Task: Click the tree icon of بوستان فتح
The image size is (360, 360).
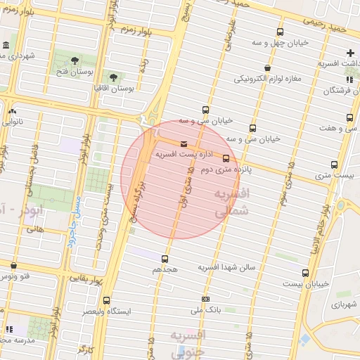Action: pyautogui.click(x=76, y=58)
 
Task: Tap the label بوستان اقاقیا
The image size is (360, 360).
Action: pyautogui.click(x=115, y=89)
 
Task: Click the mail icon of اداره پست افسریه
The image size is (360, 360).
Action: pyautogui.click(x=184, y=145)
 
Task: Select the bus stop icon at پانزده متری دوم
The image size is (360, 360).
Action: pyautogui.click(x=226, y=158)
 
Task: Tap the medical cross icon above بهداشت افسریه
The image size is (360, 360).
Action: pyautogui.click(x=350, y=53)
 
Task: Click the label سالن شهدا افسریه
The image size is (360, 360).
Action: pyautogui.click(x=226, y=267)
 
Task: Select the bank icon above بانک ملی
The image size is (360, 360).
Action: pyautogui.click(x=205, y=300)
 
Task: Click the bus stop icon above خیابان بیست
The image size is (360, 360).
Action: pyautogui.click(x=305, y=273)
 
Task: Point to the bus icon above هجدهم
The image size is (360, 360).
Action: pyautogui.click(x=165, y=259)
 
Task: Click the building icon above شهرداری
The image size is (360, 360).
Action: pyautogui.click(x=5, y=46)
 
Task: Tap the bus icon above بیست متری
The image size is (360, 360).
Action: pyautogui.click(x=334, y=165)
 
